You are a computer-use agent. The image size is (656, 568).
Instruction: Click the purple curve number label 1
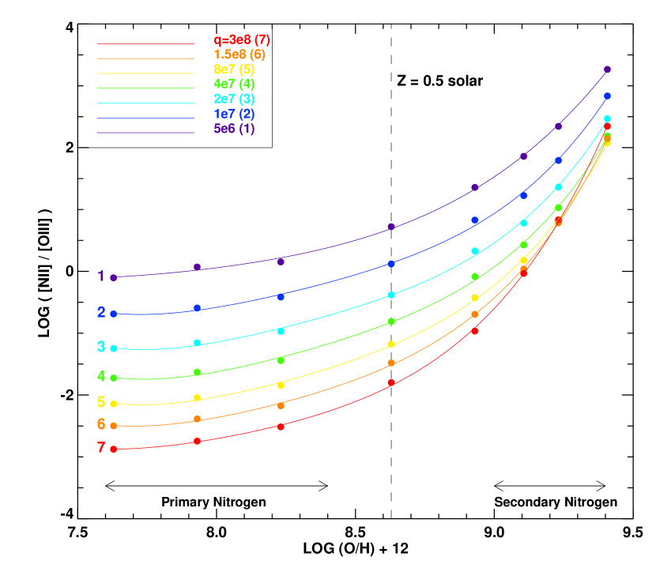(x=101, y=276)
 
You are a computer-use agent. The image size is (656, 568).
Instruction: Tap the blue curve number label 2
(x=101, y=312)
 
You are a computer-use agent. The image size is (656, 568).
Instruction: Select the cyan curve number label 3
(x=101, y=347)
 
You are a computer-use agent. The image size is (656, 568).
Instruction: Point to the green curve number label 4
(x=101, y=377)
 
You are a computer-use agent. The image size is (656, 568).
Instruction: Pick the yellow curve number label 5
(x=101, y=402)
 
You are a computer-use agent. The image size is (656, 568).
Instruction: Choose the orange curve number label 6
(x=101, y=424)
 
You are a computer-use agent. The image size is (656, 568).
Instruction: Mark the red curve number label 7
(x=101, y=448)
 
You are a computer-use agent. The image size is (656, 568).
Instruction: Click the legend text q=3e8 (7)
(x=242, y=39)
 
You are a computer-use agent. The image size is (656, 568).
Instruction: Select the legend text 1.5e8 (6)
(x=239, y=55)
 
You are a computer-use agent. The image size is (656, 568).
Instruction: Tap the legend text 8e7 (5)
(x=234, y=70)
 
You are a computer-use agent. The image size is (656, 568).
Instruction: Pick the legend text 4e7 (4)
(x=234, y=84)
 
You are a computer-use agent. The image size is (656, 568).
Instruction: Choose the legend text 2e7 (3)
(x=234, y=99)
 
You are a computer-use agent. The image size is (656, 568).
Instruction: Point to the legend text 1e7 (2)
(x=234, y=114)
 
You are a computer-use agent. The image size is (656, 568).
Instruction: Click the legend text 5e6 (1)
(x=234, y=129)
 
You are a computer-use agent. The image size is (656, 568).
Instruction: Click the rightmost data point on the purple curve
(x=607, y=70)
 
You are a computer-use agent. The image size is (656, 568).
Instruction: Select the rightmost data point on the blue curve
(x=607, y=96)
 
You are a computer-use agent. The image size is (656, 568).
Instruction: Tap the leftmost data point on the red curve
(x=114, y=449)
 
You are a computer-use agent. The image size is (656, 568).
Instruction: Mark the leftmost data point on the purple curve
(x=114, y=277)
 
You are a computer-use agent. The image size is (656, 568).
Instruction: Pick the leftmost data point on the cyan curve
(x=114, y=348)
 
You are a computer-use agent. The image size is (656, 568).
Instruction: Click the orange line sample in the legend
(x=145, y=58)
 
